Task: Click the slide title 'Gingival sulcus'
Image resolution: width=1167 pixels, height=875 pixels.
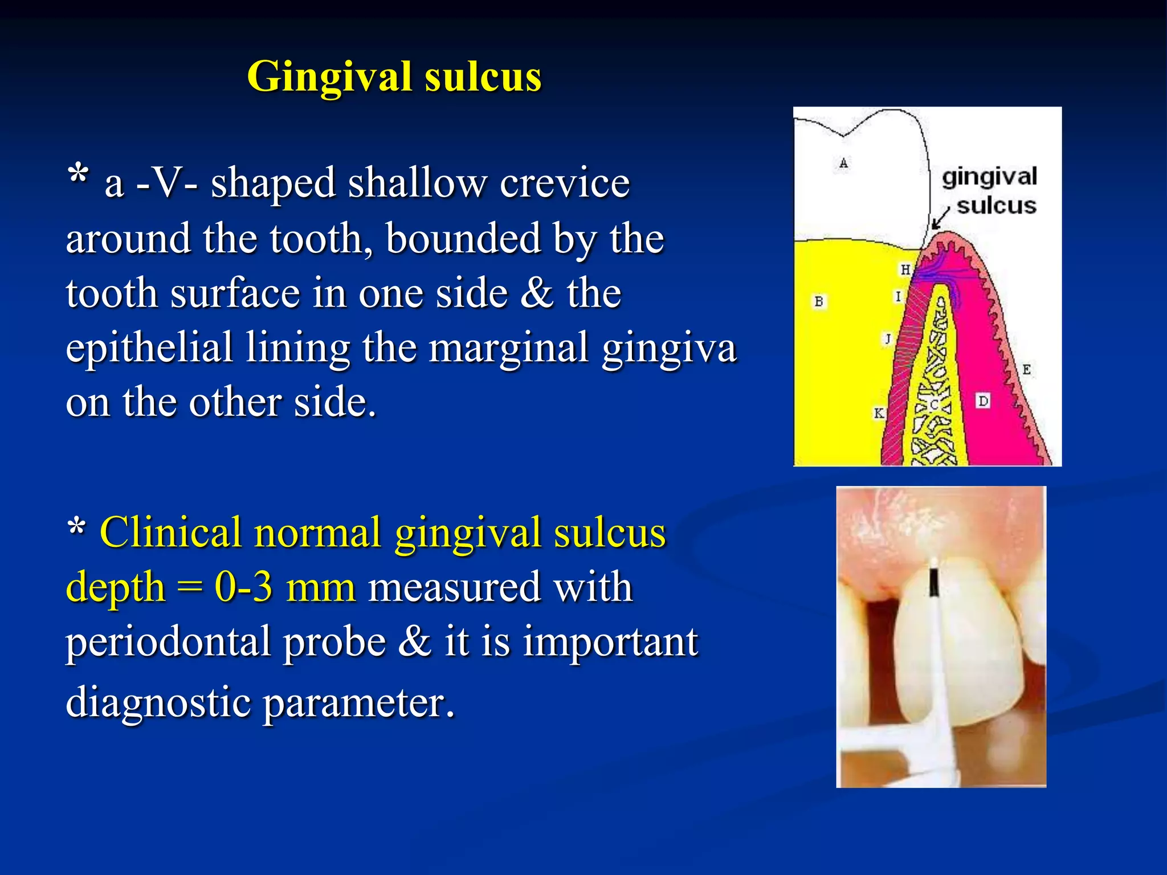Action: coord(394,76)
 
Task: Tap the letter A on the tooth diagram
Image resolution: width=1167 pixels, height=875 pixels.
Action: coord(843,163)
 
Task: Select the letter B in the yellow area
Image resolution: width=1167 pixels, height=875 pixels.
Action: coord(819,301)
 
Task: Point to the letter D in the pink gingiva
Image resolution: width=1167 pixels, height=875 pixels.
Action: coord(983,401)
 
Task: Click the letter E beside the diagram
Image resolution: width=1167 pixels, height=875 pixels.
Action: coord(1026,369)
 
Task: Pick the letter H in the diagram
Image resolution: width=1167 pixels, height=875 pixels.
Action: coord(905,269)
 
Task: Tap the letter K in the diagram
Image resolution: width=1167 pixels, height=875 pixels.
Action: coord(879,413)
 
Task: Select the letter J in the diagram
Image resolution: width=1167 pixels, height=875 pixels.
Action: coord(887,339)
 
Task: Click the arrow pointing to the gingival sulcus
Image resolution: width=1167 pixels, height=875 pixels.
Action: coord(940,219)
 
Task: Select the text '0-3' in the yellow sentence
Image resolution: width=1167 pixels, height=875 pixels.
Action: coord(243,587)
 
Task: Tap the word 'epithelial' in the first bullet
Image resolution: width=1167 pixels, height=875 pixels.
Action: coord(149,347)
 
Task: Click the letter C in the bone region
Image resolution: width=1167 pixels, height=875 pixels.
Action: coord(933,405)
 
